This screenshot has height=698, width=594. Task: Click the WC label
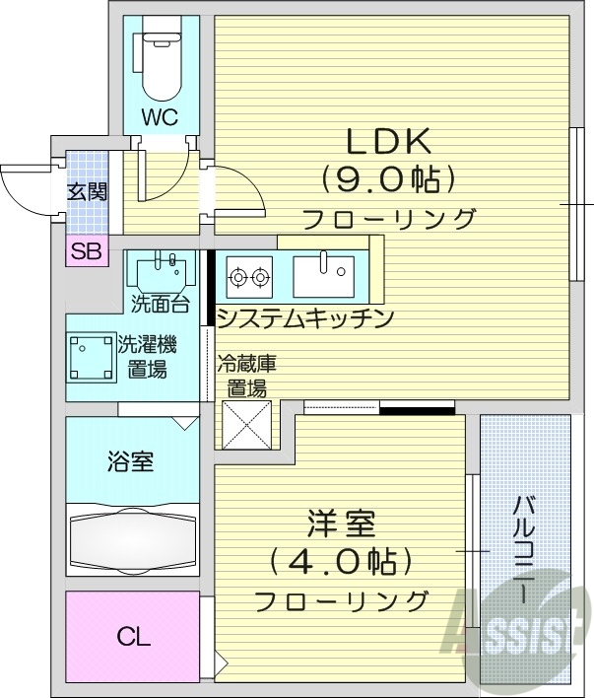158,117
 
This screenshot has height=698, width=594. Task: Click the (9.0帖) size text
388,180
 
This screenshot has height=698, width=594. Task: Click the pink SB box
86,250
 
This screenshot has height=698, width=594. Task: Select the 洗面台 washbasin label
160,301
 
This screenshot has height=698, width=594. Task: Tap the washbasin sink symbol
161,270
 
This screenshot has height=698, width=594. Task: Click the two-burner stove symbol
249,276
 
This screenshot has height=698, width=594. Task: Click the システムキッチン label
304,318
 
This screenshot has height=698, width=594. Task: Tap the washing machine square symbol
91,355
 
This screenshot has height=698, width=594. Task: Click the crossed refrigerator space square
242,422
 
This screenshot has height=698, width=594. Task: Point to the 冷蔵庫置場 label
242,375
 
